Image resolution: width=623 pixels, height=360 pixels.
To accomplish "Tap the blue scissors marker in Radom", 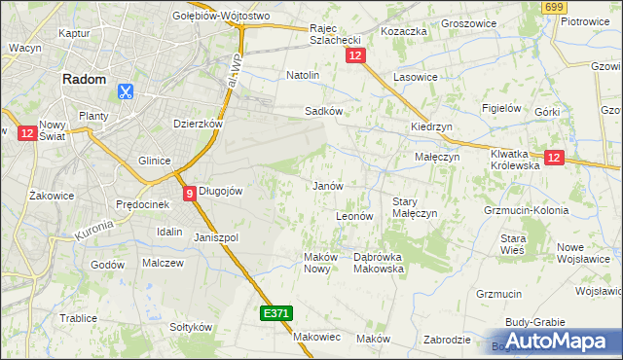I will coord(126,91).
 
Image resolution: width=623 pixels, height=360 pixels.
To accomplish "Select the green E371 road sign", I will coord(275,313).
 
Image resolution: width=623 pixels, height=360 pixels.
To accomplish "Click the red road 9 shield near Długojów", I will coord(189,193).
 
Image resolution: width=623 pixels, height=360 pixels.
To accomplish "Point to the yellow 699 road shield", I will coord(555,8).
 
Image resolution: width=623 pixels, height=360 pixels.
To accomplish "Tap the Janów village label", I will coord(326,185).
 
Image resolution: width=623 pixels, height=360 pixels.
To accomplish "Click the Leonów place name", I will coord(354,216).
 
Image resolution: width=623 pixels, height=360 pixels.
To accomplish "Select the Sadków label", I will coord(323,111).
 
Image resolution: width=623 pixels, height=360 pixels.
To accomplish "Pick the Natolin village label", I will coord(303,74).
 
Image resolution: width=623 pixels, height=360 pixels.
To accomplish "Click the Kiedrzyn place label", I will coord(429,127).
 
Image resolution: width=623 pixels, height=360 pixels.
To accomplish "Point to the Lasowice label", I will coord(415,76).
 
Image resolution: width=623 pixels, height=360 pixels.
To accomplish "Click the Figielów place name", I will coord(503,108).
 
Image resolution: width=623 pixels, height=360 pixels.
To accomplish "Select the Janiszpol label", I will coord(216,237).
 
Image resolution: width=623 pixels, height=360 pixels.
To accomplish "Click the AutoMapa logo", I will coord(554,341).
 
